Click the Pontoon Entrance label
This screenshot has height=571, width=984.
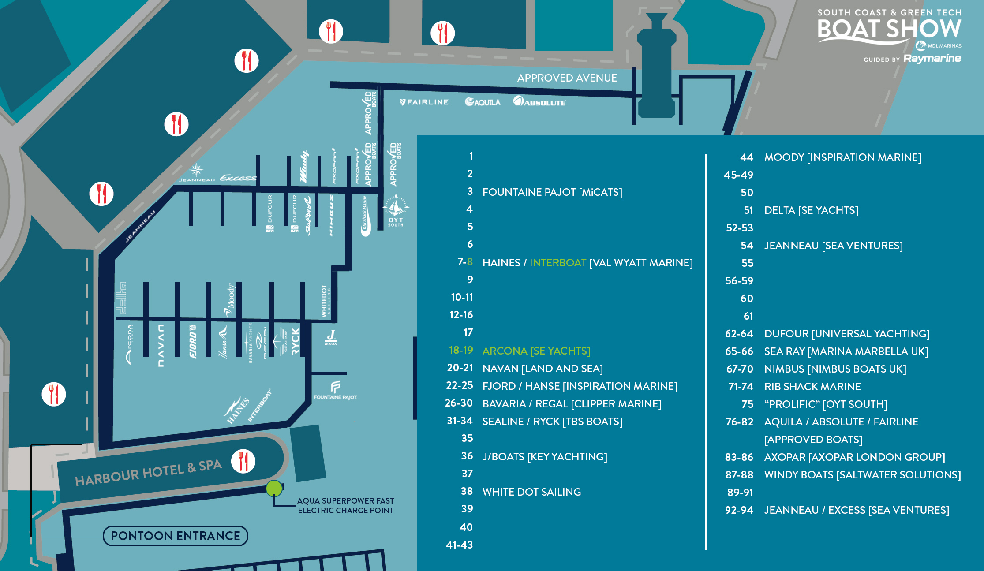point(176,536)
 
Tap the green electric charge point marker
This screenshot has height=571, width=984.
point(274,488)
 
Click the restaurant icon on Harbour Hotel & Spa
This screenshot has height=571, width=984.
point(243,461)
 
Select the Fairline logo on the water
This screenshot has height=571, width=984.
point(424,102)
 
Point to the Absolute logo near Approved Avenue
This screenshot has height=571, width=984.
point(539,102)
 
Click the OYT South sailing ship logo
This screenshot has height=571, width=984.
point(396,209)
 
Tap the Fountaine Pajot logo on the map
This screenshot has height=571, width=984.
point(335,390)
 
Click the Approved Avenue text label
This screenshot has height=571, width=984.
point(567,78)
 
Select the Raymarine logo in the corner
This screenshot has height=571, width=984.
point(932,59)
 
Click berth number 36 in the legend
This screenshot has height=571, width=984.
point(467,456)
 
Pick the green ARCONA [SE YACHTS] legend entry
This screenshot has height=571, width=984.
point(536,351)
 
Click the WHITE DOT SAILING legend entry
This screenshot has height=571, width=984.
point(531,492)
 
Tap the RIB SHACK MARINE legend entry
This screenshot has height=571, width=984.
point(812,387)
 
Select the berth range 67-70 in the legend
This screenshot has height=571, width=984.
point(740,369)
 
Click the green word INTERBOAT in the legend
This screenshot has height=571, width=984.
point(557,263)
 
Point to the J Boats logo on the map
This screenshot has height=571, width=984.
point(331,337)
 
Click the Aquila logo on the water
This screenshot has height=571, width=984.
point(483,102)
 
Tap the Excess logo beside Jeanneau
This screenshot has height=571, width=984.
point(238,178)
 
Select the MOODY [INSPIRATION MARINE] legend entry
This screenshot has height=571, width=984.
point(842,157)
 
